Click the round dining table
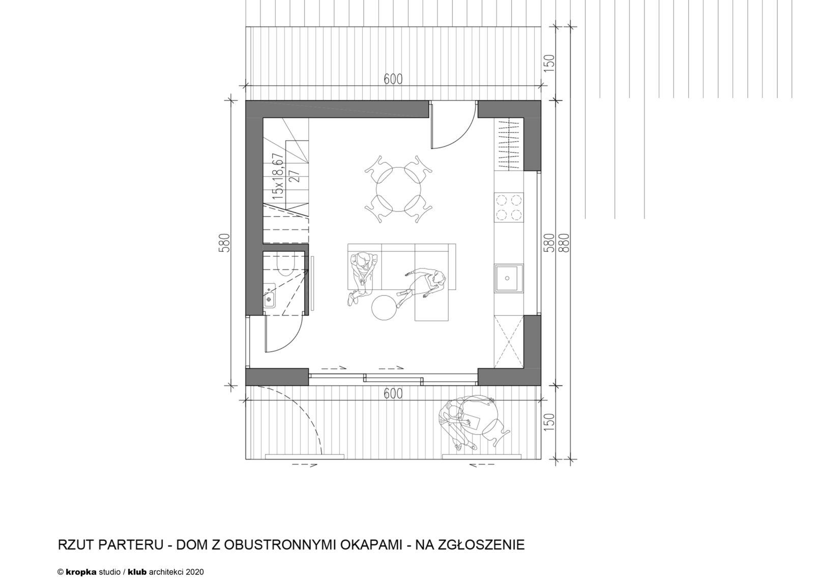(398, 190)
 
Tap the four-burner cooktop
(509, 207)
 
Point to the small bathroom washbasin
(270, 295)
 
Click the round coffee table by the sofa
(384, 308)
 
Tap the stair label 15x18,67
(279, 176)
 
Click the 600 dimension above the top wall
(393, 79)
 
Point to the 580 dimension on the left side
(224, 242)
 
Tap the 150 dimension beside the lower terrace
(549, 422)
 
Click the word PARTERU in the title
(131, 555)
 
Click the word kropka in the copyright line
(81, 572)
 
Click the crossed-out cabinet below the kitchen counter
(509, 342)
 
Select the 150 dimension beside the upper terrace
(549, 63)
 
